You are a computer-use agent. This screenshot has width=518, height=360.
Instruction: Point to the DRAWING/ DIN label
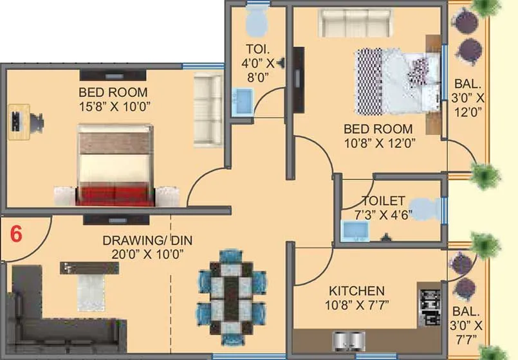point(147,240)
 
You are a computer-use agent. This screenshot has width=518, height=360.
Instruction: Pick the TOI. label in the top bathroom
point(255,48)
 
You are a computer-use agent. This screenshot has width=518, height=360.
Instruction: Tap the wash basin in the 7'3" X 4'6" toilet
point(352,230)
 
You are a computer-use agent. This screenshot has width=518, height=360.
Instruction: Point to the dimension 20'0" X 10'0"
point(147,253)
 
